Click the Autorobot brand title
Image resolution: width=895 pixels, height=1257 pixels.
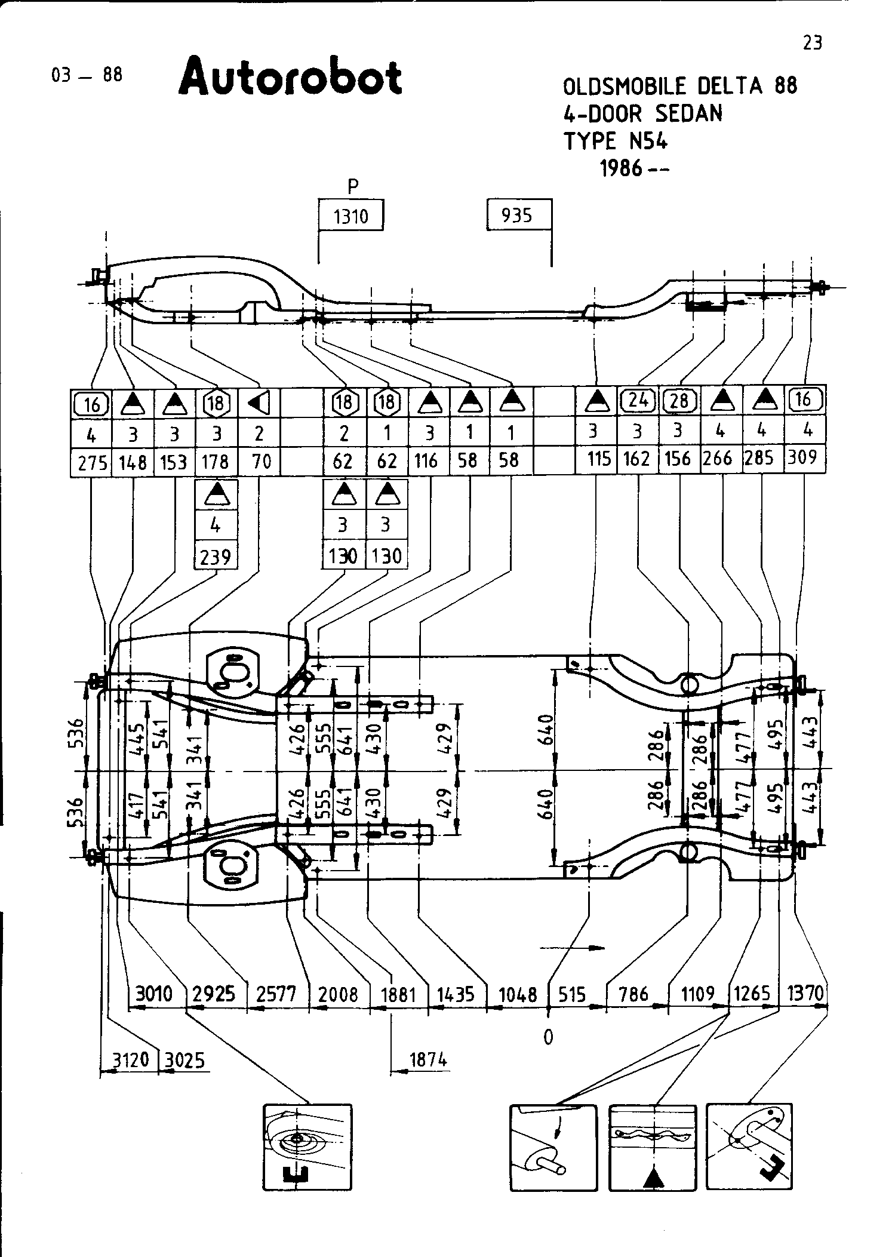pos(290,76)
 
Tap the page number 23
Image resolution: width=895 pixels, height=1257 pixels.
pos(812,43)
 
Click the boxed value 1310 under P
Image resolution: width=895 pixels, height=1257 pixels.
pos(350,216)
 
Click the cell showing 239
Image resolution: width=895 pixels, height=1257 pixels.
pos(216,557)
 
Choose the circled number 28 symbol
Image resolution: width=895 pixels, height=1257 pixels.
pos(679,400)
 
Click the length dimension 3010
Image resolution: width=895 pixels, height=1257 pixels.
pos(154,994)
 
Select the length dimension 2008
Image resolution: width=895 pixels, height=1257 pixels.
pos(338,994)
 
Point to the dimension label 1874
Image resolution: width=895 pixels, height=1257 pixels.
pos(428,1060)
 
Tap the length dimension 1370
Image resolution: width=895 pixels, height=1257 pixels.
pos(805,993)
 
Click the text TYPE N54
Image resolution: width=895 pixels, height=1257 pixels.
pos(616,142)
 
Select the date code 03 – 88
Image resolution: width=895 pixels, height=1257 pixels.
pos(87,75)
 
